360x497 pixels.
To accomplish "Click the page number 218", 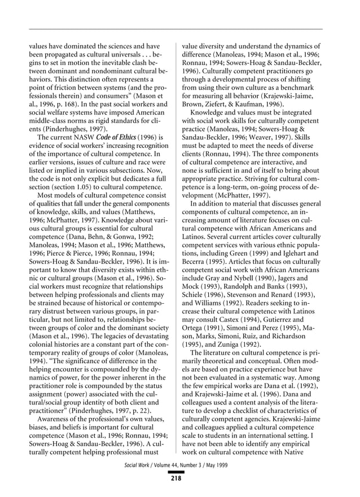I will [x=177, y=478].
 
